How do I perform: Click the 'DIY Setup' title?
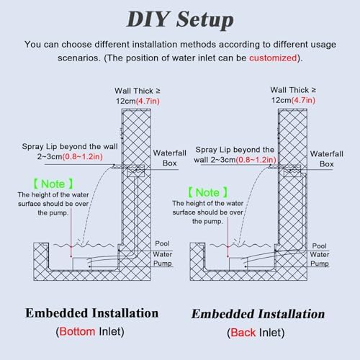[180, 19]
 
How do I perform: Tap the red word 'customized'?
[273, 58]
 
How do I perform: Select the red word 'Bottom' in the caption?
[77, 332]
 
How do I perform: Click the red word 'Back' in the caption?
[243, 333]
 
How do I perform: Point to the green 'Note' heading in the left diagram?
[53, 184]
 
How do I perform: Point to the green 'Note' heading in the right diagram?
[207, 192]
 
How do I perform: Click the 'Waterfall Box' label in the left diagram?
[170, 158]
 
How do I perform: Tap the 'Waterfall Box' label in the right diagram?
[327, 159]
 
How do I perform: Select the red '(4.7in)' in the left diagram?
[148, 101]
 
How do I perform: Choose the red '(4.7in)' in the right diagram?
[303, 100]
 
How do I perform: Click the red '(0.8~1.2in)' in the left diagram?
[83, 157]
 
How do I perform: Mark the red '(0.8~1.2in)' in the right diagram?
[256, 160]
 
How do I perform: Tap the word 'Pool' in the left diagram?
[162, 243]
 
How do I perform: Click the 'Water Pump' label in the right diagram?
[320, 259]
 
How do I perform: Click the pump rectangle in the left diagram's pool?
[81, 264]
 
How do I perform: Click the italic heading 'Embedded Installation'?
[258, 314]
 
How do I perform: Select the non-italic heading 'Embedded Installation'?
[91, 313]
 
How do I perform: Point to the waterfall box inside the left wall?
[136, 171]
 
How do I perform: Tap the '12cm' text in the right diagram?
[281, 100]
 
